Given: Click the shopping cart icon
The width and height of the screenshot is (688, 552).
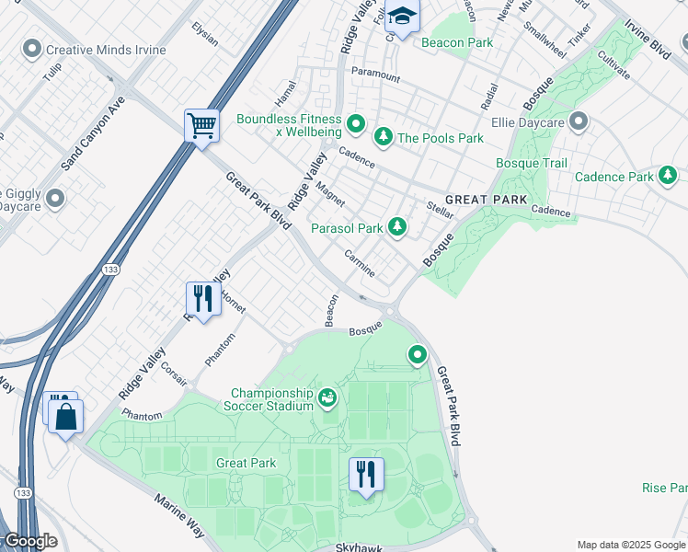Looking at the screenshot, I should pyautogui.click(x=201, y=125).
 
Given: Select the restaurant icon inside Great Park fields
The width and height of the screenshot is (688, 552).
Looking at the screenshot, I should pyautogui.click(x=366, y=475).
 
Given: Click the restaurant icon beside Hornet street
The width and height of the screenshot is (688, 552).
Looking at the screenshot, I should pyautogui.click(x=203, y=298).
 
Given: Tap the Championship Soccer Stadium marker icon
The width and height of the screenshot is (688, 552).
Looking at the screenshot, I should pyautogui.click(x=327, y=398).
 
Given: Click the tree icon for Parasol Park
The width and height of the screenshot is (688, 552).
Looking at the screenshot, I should pyautogui.click(x=397, y=226).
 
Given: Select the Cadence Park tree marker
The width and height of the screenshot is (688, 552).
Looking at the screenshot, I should pyautogui.click(x=668, y=175).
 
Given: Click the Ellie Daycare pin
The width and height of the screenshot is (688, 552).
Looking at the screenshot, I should pyautogui.click(x=579, y=121).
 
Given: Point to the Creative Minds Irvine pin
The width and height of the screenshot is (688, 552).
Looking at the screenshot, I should pyautogui.click(x=33, y=48).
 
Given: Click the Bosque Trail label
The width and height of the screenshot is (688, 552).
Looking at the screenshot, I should pyautogui.click(x=531, y=163).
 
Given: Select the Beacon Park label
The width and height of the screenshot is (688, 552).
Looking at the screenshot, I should pyautogui.click(x=456, y=42).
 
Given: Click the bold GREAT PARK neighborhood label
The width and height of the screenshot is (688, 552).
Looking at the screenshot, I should pyautogui.click(x=486, y=200).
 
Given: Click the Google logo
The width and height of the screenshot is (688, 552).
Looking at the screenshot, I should pyautogui.click(x=30, y=541).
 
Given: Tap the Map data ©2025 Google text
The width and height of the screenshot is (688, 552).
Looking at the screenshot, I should pyautogui.click(x=631, y=545).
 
